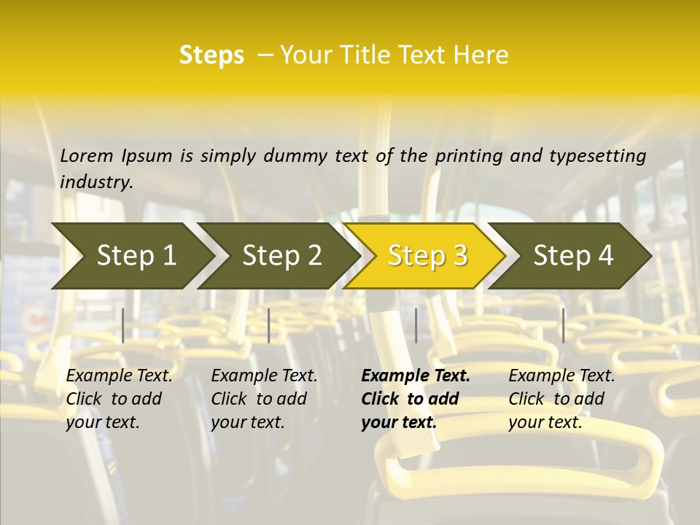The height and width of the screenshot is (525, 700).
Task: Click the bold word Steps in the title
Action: point(211,55)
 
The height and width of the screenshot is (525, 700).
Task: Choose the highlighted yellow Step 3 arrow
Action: point(427,256)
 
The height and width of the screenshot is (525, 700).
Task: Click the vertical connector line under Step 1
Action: point(123,325)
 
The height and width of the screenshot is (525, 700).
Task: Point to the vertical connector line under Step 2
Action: point(269,325)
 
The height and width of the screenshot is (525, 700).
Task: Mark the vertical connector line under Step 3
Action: point(416,325)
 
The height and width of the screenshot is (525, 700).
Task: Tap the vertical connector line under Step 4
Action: point(563,325)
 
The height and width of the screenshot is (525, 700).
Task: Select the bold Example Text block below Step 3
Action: point(416,399)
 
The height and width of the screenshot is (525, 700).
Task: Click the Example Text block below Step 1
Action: point(119,399)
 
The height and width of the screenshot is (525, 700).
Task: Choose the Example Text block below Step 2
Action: point(264,399)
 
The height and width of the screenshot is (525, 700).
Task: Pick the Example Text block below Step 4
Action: point(561,399)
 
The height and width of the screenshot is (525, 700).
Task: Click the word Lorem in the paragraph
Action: point(86,156)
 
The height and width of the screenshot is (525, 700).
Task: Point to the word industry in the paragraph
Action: point(96,182)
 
